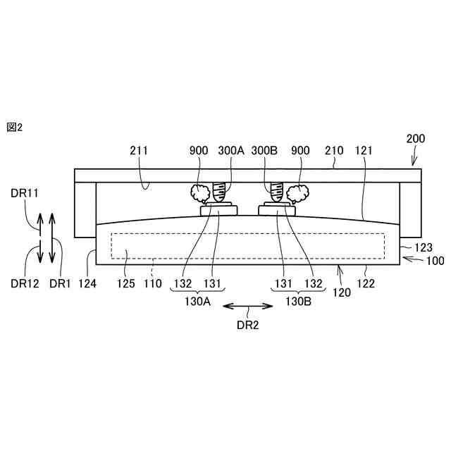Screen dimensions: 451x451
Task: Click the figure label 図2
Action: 15,127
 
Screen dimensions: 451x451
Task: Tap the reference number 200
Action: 416,139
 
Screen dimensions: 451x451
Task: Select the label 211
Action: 140,150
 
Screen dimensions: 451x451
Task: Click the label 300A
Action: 231,150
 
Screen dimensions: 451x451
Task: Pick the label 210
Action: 333,150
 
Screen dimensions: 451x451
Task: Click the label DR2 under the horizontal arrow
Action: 248,325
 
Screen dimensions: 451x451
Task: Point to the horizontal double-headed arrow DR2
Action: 248,306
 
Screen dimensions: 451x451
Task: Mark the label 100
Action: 435,261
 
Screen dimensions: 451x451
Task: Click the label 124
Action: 87,284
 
